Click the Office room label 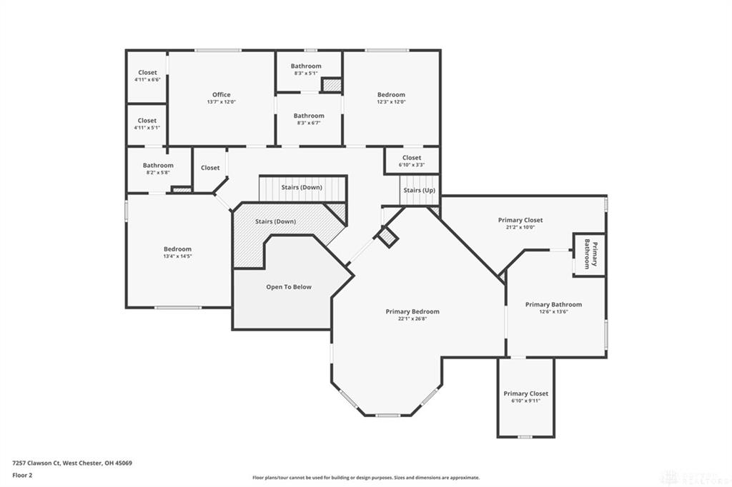221,95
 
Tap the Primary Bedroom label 412,311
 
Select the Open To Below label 289,287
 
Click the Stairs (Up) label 418,191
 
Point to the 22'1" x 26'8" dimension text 412,319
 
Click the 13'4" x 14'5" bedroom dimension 177,256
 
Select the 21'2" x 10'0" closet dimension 520,227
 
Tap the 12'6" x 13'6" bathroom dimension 553,312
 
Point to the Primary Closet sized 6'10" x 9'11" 525,397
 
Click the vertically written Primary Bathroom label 590,253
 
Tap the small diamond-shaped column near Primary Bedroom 387,237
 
